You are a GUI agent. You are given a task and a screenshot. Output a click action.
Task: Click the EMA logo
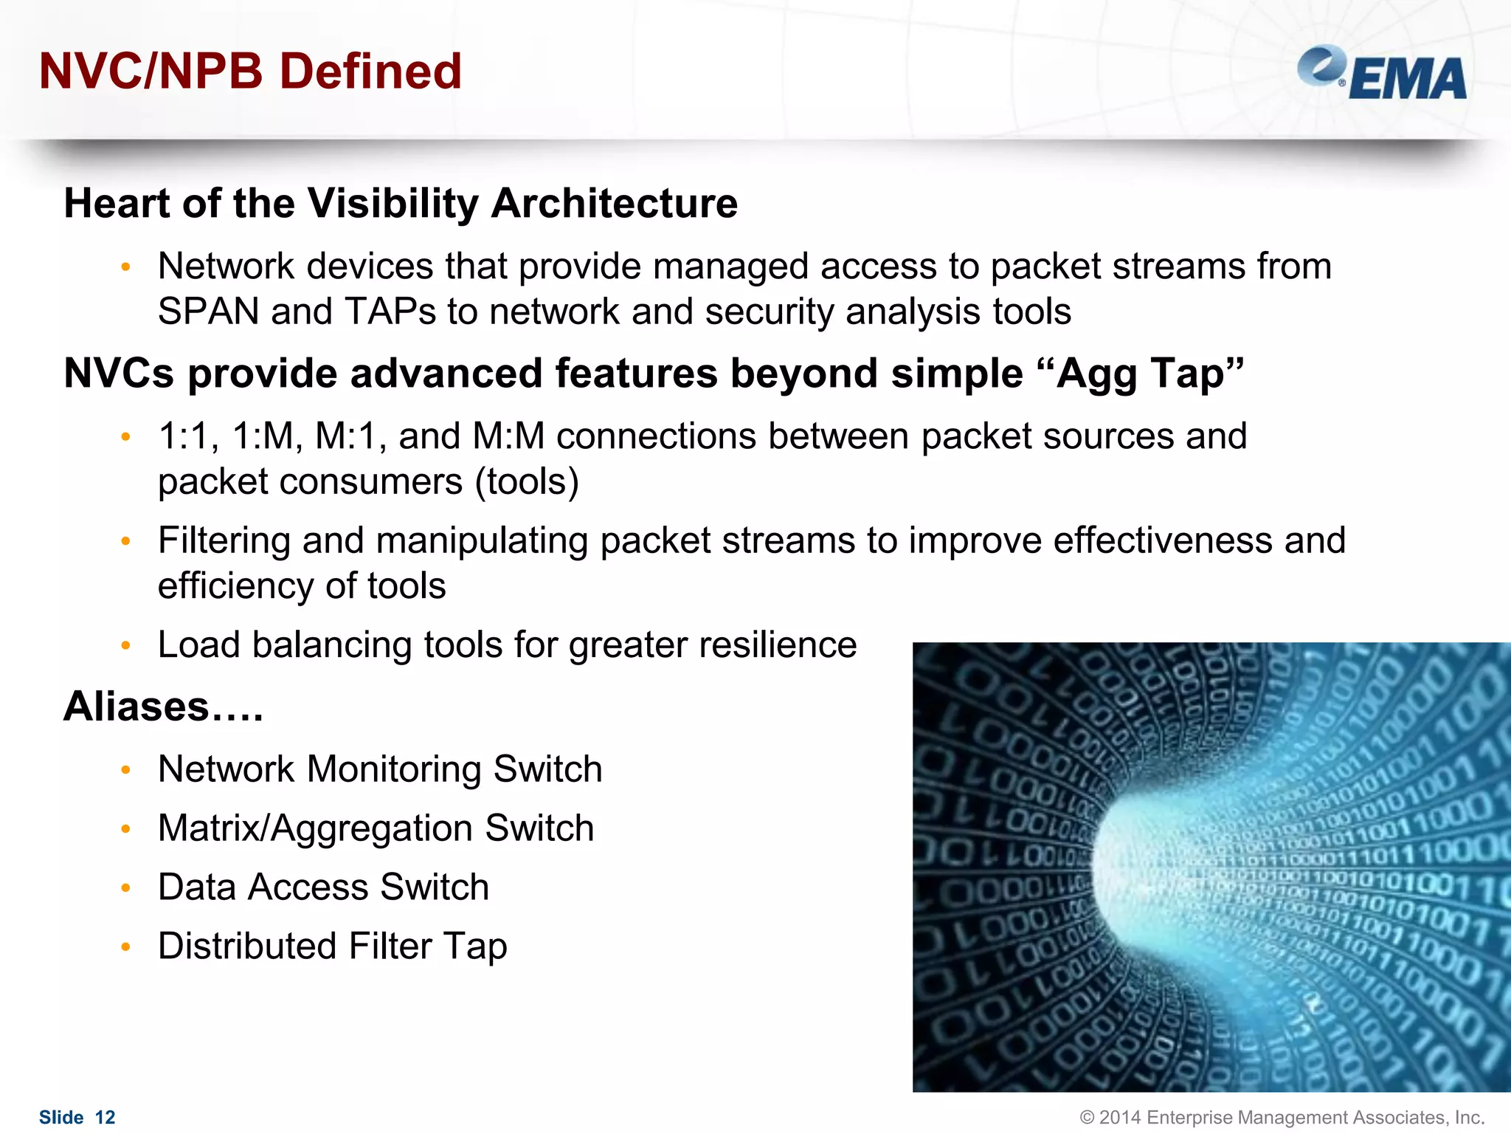coord(1382,73)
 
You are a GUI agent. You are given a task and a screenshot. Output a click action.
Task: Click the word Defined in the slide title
coord(370,72)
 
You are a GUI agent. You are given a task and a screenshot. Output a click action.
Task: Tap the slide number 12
coord(106,1117)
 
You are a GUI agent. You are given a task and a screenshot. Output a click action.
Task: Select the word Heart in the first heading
coord(117,204)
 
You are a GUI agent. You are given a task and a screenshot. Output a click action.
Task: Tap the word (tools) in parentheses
coord(527,482)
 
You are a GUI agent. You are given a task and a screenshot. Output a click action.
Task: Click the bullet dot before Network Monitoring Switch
coord(126,770)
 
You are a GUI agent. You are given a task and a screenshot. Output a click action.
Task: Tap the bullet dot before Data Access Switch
coord(126,888)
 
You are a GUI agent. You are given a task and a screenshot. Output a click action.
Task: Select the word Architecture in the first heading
coord(614,204)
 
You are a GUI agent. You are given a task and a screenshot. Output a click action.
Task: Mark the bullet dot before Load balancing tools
coord(126,646)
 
